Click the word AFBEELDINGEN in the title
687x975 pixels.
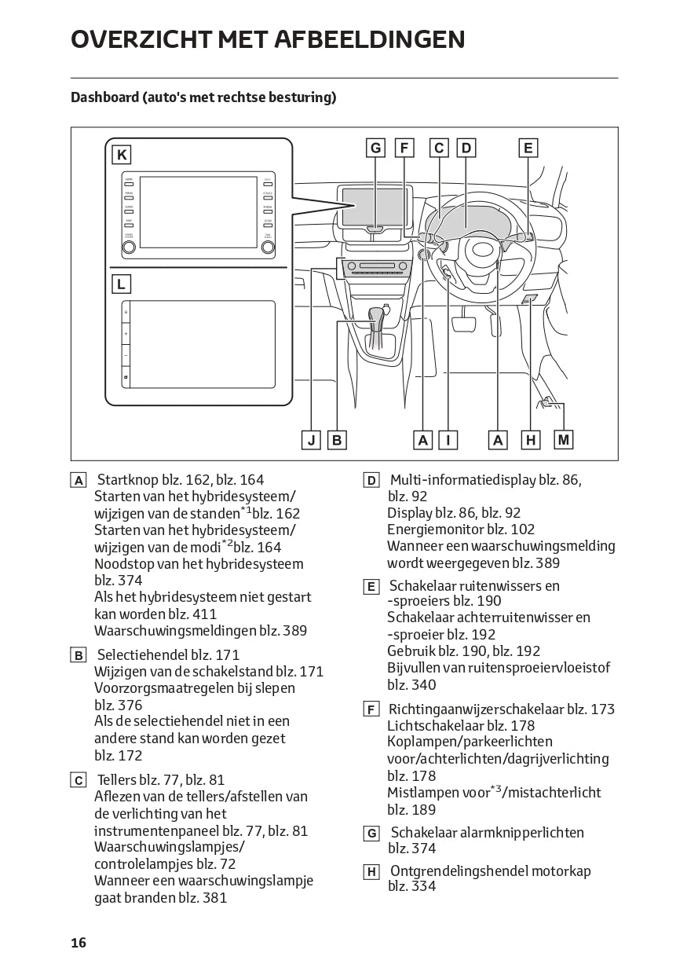[x=369, y=39]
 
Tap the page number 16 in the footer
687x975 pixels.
[x=79, y=943]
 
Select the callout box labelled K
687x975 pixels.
[x=122, y=155]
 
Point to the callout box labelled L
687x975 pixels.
[x=122, y=284]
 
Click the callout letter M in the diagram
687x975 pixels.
[x=563, y=440]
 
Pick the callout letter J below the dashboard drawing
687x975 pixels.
[x=312, y=440]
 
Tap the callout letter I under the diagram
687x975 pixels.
[x=448, y=440]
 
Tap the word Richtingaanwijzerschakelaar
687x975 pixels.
[x=476, y=709]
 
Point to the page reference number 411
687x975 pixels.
[x=203, y=614]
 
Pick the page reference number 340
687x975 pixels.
[x=423, y=684]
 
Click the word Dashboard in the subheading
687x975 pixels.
[x=104, y=97]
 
